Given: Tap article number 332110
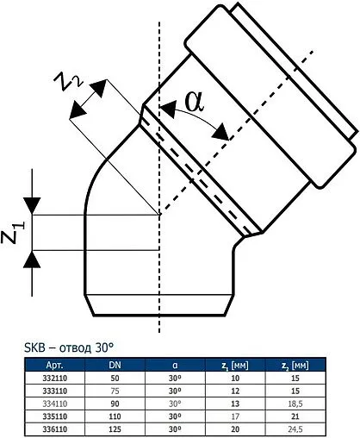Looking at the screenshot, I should click(x=36, y=379).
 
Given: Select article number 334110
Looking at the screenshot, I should click(x=36, y=403).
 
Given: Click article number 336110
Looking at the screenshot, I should click(x=36, y=428).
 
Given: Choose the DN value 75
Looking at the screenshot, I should click(x=115, y=391).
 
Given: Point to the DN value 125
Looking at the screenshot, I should click(x=115, y=428).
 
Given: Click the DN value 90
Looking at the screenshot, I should click(x=115, y=403).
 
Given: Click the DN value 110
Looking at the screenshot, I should click(x=115, y=415).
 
